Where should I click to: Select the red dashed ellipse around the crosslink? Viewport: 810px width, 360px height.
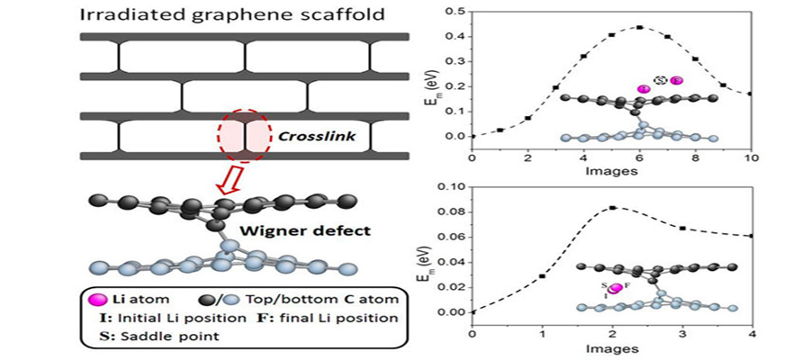pyautogui.click(x=243, y=140)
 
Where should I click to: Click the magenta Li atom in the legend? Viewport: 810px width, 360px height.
pyautogui.click(x=89, y=299)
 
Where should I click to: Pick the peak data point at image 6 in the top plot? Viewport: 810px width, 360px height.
pyautogui.click(x=640, y=27)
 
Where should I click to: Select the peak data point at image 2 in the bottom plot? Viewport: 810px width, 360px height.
pyautogui.click(x=612, y=207)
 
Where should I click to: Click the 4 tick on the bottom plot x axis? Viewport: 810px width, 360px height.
pyautogui.click(x=751, y=334)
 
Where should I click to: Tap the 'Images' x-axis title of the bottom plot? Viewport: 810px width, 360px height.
pyautogui.click(x=611, y=348)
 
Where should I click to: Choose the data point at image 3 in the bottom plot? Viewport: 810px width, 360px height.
pyautogui.click(x=682, y=228)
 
